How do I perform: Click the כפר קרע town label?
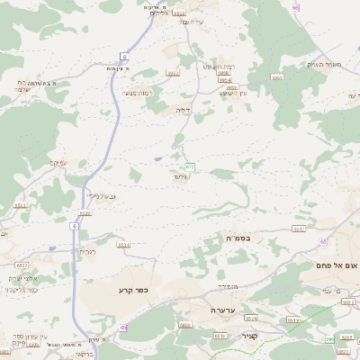tap(131, 290)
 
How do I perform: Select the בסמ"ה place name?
tap(237, 237)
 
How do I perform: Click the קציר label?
tap(249, 336)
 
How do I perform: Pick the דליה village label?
tap(183, 110)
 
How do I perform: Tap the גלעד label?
tap(180, 178)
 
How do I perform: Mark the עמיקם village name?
tap(58, 163)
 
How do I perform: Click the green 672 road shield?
tap(190, 166)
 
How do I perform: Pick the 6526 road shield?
tap(85, 213)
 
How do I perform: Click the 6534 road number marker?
tap(123, 244)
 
